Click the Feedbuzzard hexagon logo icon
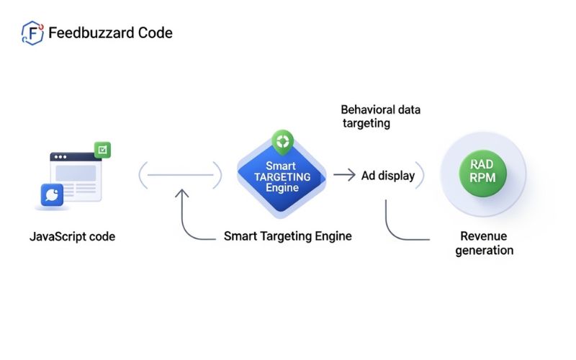[x=32, y=33]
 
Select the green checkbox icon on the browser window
[x=103, y=150]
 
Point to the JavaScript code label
[x=72, y=236]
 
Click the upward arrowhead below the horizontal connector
[x=182, y=193]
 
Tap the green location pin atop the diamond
[x=281, y=140]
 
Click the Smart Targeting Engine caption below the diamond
[x=287, y=236]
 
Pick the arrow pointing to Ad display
[x=345, y=175]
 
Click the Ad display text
[x=387, y=175]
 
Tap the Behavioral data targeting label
[x=380, y=117]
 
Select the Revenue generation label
[x=484, y=243]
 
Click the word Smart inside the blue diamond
[x=281, y=166]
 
